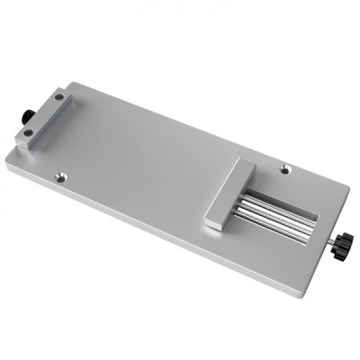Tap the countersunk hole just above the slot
pos(286,167)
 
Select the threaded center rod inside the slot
pos(274,219)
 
